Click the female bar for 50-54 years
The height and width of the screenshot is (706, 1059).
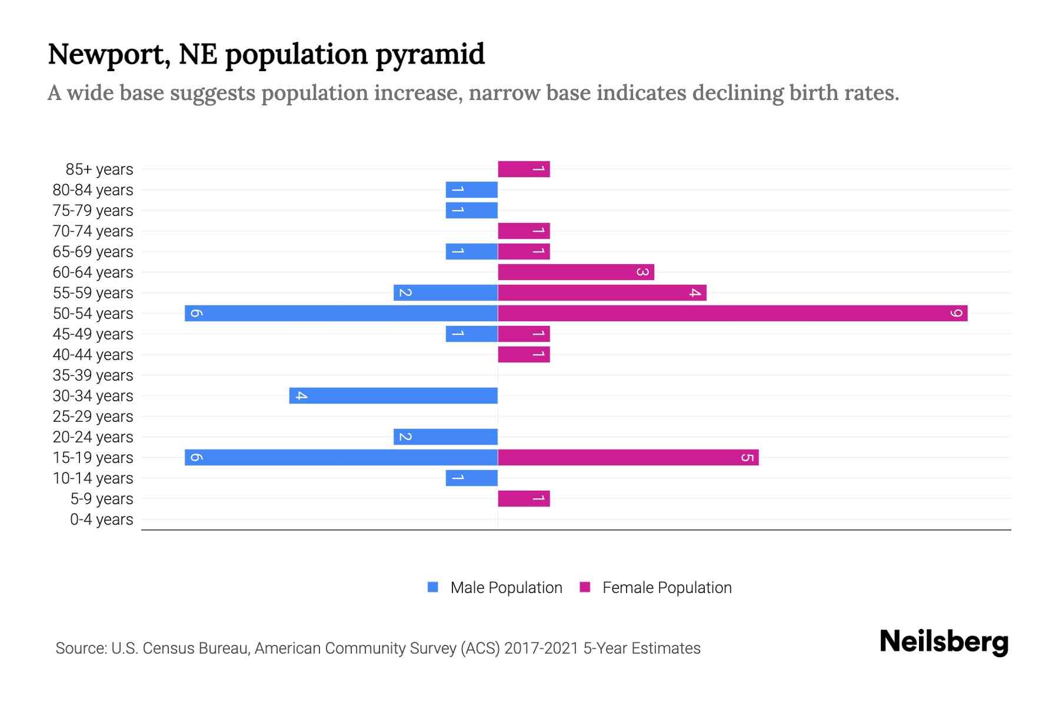coord(732,313)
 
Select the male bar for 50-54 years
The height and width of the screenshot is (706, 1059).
coord(341,313)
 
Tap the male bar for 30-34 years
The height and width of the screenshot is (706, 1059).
coord(393,395)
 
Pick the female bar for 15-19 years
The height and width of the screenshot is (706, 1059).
coord(628,457)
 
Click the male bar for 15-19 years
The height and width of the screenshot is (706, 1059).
coord(341,457)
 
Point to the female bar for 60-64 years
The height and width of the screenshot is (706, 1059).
coord(576,272)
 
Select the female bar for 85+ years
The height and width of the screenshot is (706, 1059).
coord(524,169)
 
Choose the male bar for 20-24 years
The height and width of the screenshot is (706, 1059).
coord(445,437)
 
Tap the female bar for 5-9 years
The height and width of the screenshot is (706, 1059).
coord(524,498)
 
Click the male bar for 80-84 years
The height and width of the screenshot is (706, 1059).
coord(471,189)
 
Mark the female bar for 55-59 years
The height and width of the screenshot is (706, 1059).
coord(602,292)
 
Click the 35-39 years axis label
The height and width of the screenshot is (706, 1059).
coord(93,375)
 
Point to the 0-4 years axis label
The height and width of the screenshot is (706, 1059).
coord(101,519)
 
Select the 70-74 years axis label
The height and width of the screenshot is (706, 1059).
coord(93,231)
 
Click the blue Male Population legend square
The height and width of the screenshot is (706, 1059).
coord(433,587)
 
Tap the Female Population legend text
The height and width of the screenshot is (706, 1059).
coord(667,588)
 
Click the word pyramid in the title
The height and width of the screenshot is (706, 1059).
coord(430,55)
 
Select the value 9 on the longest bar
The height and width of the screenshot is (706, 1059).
coord(956,313)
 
